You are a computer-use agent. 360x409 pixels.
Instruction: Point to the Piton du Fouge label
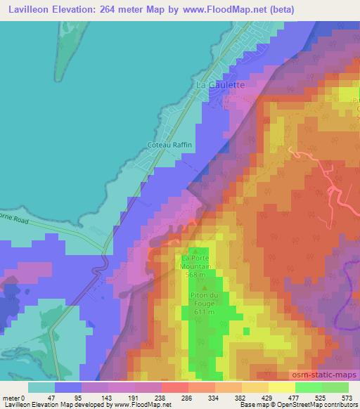click(x=204, y=303)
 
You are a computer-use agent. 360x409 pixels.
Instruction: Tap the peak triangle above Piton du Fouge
click(x=204, y=287)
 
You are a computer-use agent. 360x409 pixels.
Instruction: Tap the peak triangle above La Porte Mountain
click(x=195, y=249)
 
